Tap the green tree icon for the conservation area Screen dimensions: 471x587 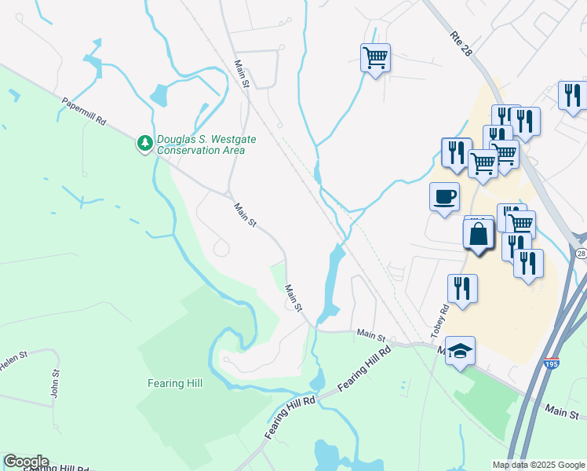click(x=144, y=143)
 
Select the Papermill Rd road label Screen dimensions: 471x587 click(x=85, y=111)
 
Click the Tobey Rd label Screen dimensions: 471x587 click(x=439, y=322)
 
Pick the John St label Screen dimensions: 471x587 click(x=55, y=384)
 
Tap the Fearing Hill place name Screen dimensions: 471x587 click(x=175, y=383)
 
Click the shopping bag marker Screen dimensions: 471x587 click(x=479, y=234)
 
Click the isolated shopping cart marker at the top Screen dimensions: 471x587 click(x=375, y=57)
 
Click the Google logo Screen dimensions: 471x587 click(x=26, y=462)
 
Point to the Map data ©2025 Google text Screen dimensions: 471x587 click(x=538, y=465)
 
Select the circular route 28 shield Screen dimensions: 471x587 click(x=580, y=254)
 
